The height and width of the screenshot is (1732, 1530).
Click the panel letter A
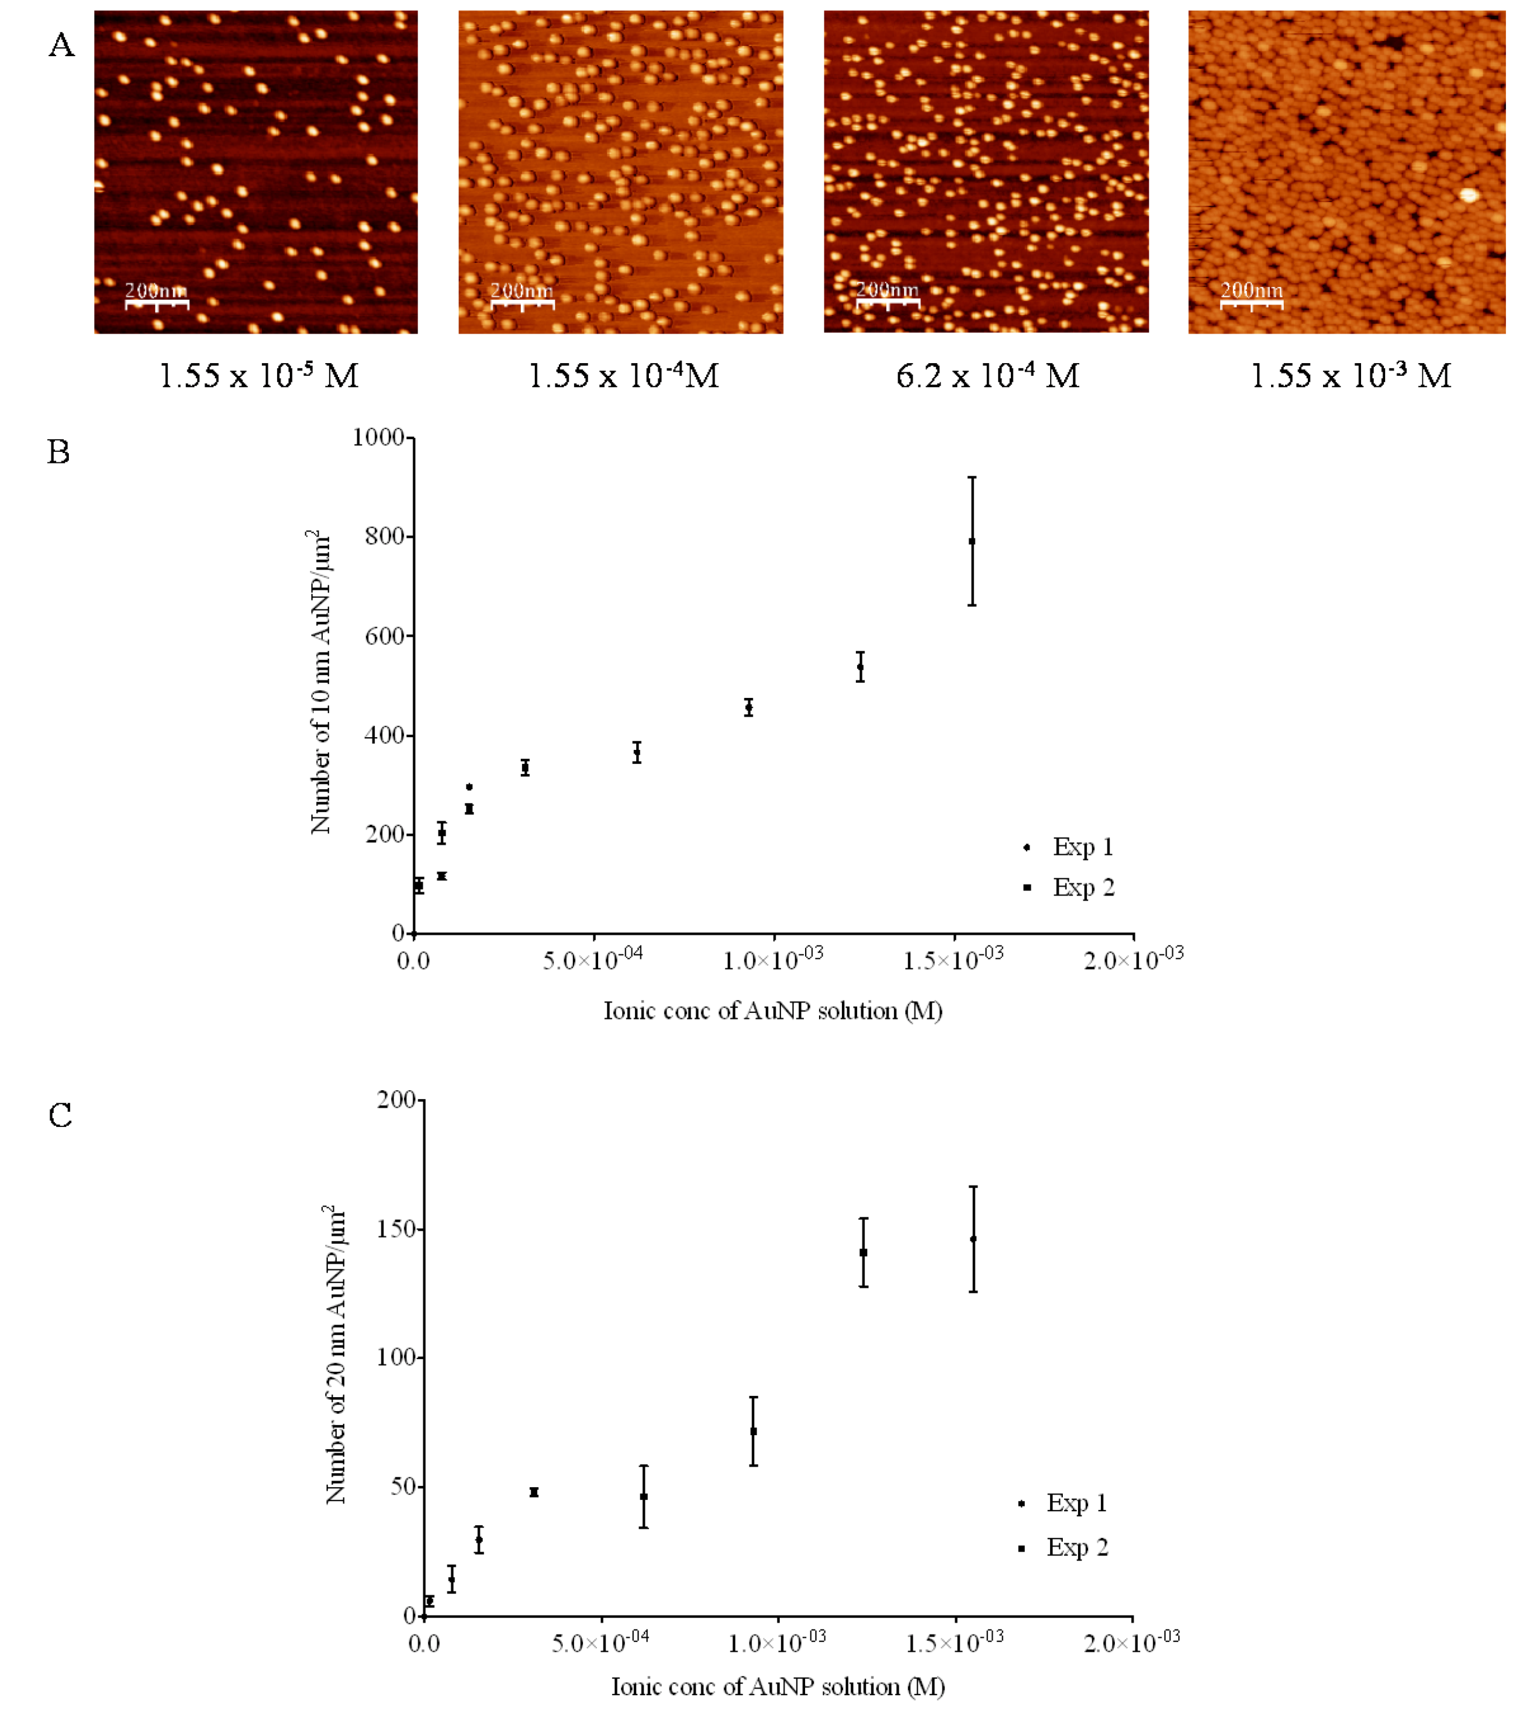pyautogui.click(x=61, y=45)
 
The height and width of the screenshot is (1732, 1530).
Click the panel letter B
pyautogui.click(x=59, y=452)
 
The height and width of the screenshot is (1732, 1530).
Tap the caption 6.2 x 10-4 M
pyautogui.click(x=987, y=375)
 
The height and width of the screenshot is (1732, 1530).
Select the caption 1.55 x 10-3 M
pyautogui.click(x=1350, y=375)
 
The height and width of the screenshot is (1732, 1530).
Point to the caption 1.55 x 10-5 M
pyautogui.click(x=258, y=375)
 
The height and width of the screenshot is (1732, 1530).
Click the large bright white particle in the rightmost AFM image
pyautogui.click(x=1469, y=195)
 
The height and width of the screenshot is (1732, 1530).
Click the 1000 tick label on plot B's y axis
pyautogui.click(x=378, y=437)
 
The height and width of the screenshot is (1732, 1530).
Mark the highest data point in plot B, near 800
pyautogui.click(x=972, y=542)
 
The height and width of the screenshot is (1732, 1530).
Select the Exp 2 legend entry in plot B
pyautogui.click(x=1069, y=887)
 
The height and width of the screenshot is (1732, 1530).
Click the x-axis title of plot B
pyautogui.click(x=772, y=1011)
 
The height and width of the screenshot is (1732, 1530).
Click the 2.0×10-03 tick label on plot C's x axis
pyautogui.click(x=1132, y=1642)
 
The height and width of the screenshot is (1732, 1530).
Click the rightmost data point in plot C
pyautogui.click(x=973, y=1240)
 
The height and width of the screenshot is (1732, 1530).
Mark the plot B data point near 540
pyautogui.click(x=860, y=667)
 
